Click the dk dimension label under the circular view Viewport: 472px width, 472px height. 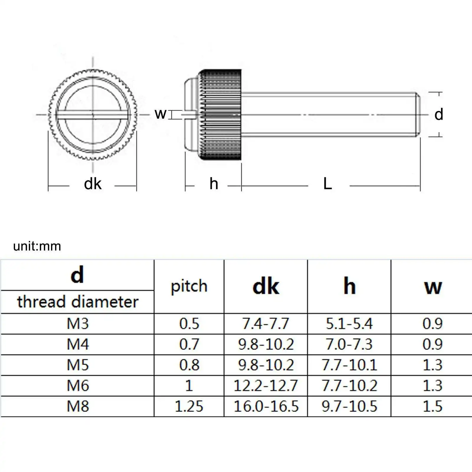92,184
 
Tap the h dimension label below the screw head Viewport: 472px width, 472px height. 214,184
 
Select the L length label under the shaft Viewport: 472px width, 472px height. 327,184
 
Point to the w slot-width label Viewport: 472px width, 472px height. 160,114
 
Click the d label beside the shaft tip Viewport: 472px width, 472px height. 439,114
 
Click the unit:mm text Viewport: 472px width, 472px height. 37,246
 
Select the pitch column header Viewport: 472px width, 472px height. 189,286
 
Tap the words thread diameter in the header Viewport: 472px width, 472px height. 78,302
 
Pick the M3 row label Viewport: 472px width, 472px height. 78,324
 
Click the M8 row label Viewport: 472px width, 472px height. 78,406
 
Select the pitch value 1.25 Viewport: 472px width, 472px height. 189,406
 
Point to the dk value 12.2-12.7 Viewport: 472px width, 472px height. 265,386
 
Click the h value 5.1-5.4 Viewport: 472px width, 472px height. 349,324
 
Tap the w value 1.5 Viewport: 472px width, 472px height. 432,406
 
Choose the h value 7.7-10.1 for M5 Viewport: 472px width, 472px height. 349,365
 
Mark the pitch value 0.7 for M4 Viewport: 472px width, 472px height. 189,344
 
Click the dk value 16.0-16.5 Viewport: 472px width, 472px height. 265,406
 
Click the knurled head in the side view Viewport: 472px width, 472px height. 221,115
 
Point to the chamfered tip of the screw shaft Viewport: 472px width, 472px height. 418,114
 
